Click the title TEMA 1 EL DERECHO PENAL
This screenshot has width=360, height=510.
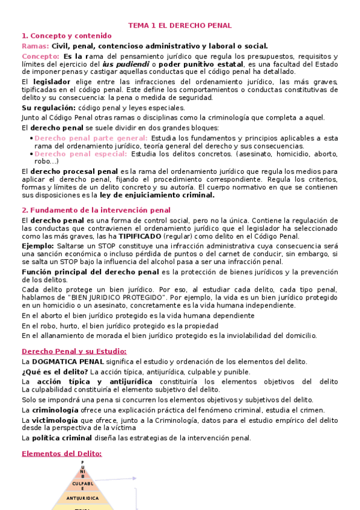(x=180, y=25)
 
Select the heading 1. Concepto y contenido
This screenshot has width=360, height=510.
(x=66, y=35)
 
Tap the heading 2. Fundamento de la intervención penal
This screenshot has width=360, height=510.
(x=96, y=210)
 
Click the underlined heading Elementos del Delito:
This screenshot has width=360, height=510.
(x=61, y=453)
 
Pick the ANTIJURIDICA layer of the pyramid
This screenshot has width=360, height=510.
(x=83, y=498)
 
